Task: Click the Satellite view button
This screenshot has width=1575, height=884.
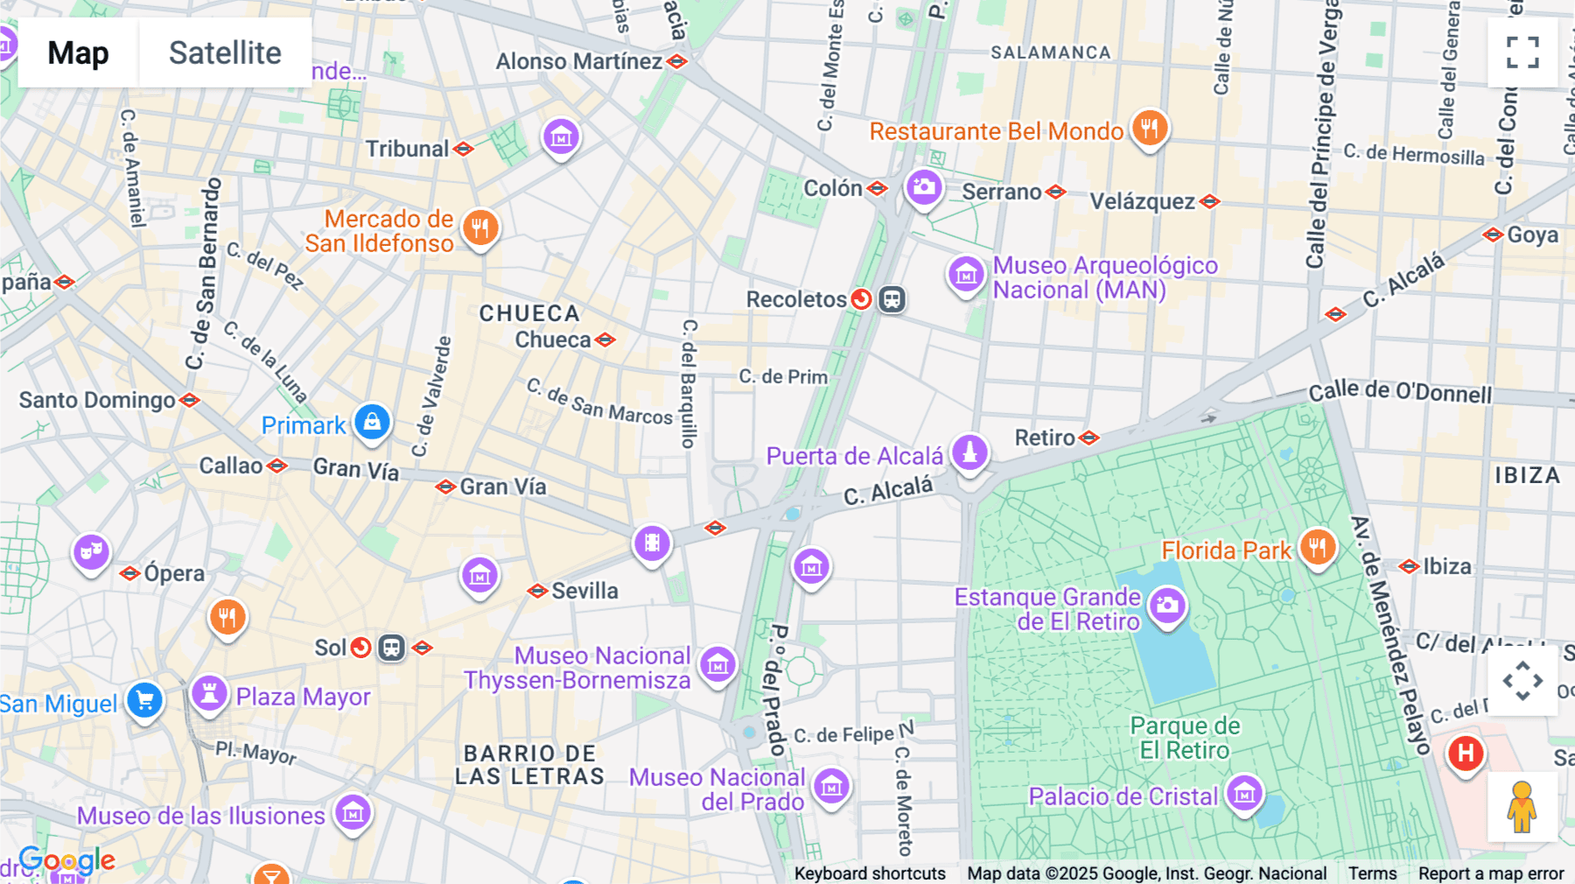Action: [x=225, y=53]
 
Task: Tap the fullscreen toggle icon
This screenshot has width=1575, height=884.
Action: [x=1522, y=53]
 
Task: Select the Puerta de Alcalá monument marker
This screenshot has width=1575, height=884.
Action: [x=969, y=453]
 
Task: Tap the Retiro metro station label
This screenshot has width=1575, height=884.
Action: [x=1045, y=438]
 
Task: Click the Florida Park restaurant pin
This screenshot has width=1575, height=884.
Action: [x=1317, y=548]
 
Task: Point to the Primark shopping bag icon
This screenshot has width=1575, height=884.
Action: [x=372, y=422]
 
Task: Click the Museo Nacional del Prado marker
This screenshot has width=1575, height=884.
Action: [x=831, y=786]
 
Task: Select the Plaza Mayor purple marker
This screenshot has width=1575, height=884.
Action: [x=209, y=694]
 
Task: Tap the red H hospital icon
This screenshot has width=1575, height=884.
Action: [x=1466, y=753]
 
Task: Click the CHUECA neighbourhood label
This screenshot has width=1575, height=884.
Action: [x=528, y=313]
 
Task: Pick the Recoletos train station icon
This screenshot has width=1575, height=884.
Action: [x=892, y=299]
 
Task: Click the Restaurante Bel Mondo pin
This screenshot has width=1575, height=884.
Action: [x=1149, y=129]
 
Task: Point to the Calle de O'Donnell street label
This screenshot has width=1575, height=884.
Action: [x=1400, y=393]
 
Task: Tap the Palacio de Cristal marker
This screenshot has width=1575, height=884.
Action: [x=1243, y=794]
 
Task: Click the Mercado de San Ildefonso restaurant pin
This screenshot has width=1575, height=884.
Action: [x=479, y=228]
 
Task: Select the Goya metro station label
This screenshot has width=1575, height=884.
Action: [x=1531, y=235]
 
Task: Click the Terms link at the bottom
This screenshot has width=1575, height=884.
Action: [x=1372, y=873]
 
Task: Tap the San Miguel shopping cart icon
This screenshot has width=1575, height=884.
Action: [x=144, y=700]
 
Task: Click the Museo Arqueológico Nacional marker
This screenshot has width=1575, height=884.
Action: [x=966, y=275]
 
